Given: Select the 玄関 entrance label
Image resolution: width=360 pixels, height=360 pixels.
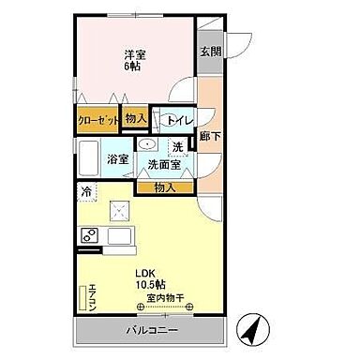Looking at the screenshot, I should click(210, 52).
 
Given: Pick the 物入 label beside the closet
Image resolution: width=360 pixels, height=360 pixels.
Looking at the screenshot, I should click(136, 117).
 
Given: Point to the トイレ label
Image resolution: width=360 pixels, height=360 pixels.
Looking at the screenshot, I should click(179, 120).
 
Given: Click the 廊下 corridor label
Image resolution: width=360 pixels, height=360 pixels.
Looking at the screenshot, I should click(210, 137).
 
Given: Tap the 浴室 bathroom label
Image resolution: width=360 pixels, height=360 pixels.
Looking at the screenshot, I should click(116, 159).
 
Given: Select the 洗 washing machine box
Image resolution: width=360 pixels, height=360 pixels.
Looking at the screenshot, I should click(178, 147).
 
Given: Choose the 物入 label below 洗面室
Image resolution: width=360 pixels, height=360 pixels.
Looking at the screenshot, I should click(164, 188).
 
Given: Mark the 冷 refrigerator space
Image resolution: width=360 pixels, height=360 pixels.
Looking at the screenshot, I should click(86, 193).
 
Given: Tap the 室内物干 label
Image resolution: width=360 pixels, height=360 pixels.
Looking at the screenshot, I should click(163, 299).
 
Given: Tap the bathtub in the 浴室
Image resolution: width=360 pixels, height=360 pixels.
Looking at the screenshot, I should click(90, 159).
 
